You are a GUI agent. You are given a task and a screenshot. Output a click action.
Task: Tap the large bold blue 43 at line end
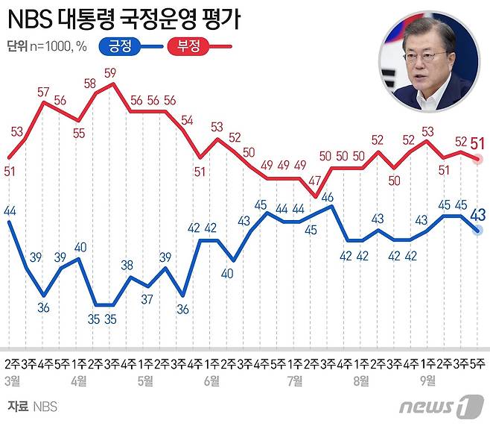tap(478, 216)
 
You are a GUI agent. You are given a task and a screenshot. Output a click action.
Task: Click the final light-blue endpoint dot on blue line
tap(478, 231)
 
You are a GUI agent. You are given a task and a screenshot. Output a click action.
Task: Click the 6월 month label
tap(211, 380)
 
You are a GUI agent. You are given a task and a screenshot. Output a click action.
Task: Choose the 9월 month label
tap(428, 380)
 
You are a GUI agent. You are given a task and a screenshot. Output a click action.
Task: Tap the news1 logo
tap(436, 407)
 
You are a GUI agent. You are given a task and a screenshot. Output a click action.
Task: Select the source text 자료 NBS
tap(32, 407)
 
